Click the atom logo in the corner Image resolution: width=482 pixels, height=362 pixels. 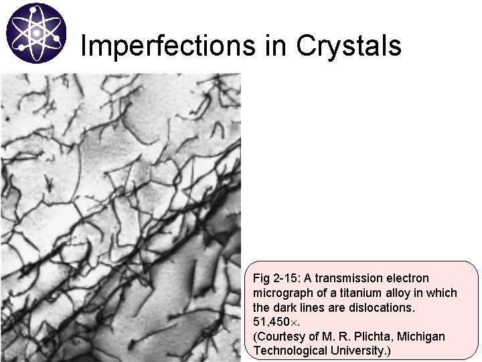tap(36, 33)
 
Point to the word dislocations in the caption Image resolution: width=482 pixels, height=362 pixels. tap(387, 308)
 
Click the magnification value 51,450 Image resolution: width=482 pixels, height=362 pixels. tap(272, 322)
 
